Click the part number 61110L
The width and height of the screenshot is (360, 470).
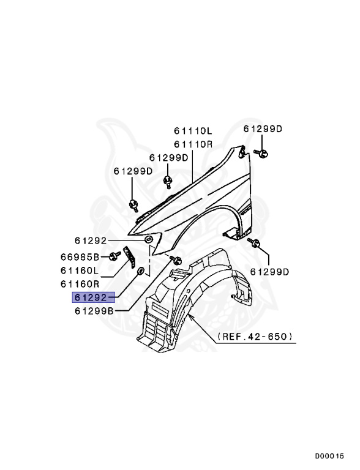point(192,132)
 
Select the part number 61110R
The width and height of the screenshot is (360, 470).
point(192,144)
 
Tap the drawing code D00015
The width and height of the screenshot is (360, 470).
point(330,456)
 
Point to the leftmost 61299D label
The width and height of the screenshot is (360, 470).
point(133,171)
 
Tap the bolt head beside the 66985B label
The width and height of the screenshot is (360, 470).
point(114,256)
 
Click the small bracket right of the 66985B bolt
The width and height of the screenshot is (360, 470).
point(129,257)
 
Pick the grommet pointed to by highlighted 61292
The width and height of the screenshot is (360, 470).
point(141,270)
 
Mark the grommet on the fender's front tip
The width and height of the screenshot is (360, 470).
point(149,239)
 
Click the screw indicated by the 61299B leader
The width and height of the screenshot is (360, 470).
point(173,258)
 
